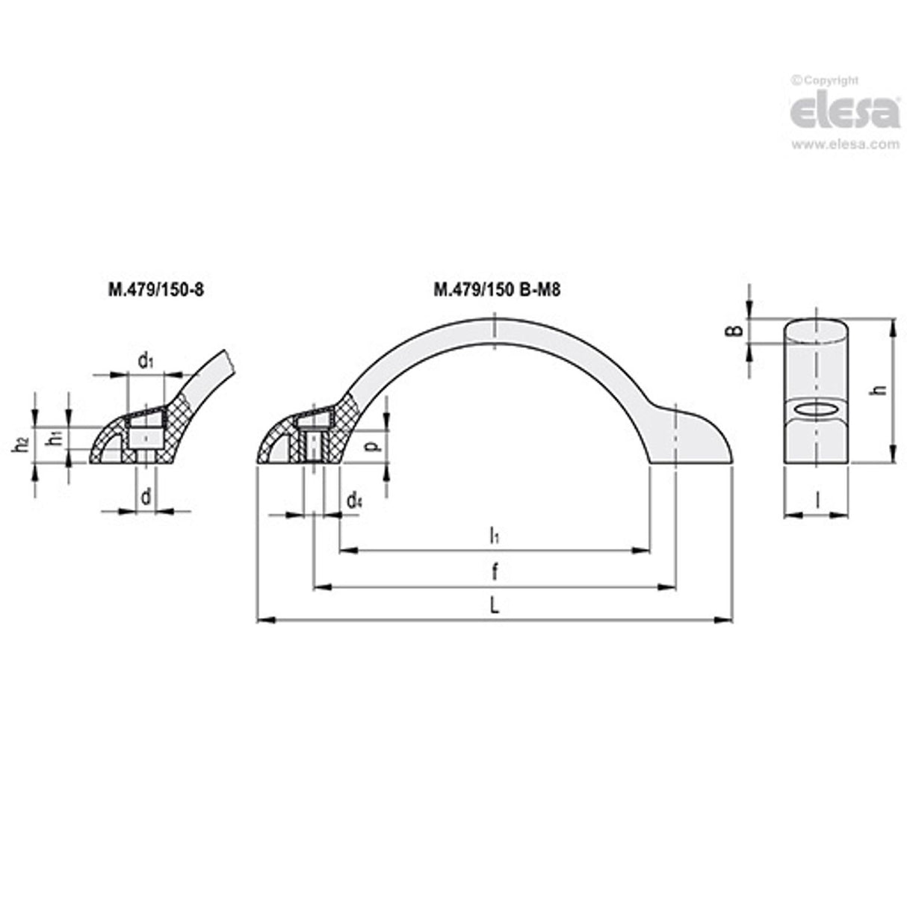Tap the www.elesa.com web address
tap(845, 144)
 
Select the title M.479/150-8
tap(156, 289)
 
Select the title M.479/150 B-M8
tap(497, 289)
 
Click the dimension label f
tap(494, 573)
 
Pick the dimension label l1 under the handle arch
tap(494, 535)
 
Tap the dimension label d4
tap(354, 501)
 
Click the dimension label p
tap(374, 446)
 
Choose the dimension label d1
tap(146, 362)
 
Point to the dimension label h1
tap(55, 439)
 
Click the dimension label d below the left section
tap(146, 496)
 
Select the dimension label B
tap(736, 329)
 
